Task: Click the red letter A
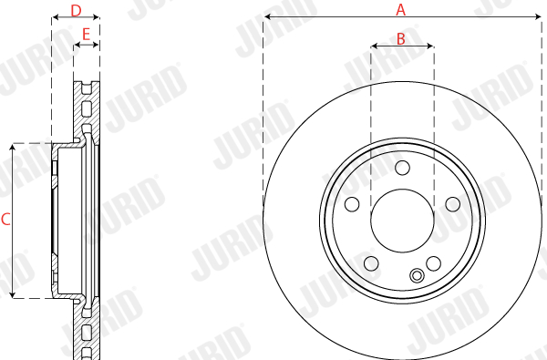point(401,10)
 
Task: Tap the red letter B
point(401,39)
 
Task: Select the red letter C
point(5,220)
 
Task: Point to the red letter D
point(76,11)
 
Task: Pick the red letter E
point(86,35)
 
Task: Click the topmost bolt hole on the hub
point(402,168)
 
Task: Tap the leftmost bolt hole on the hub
point(352,204)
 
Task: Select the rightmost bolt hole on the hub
point(453,204)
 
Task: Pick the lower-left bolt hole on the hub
point(371,263)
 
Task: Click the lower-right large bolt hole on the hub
point(434,263)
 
